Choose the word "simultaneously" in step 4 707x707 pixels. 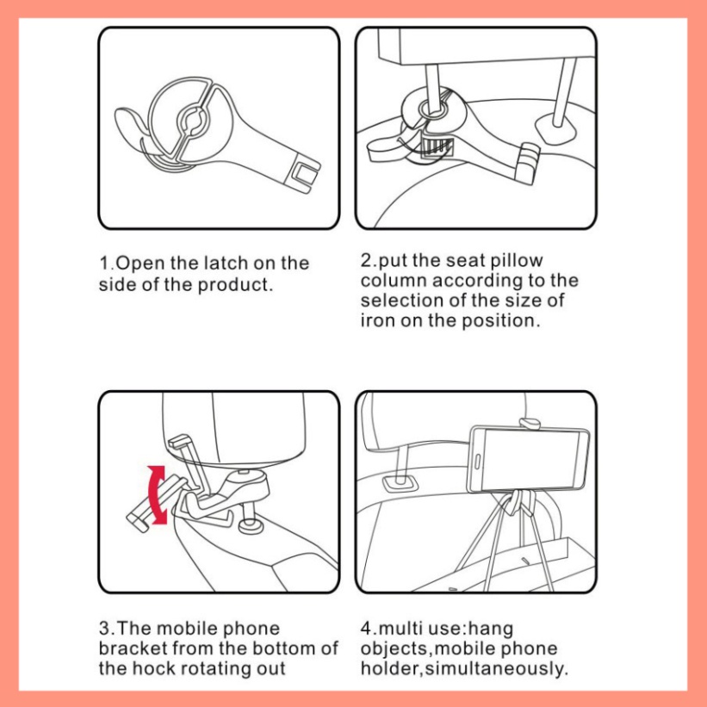tap(495, 668)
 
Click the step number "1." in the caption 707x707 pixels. tap(108, 263)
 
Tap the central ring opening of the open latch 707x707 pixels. tap(194, 120)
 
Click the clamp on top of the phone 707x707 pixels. tap(530, 424)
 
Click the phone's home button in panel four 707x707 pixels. tap(477, 462)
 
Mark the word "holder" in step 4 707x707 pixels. tap(389, 668)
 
